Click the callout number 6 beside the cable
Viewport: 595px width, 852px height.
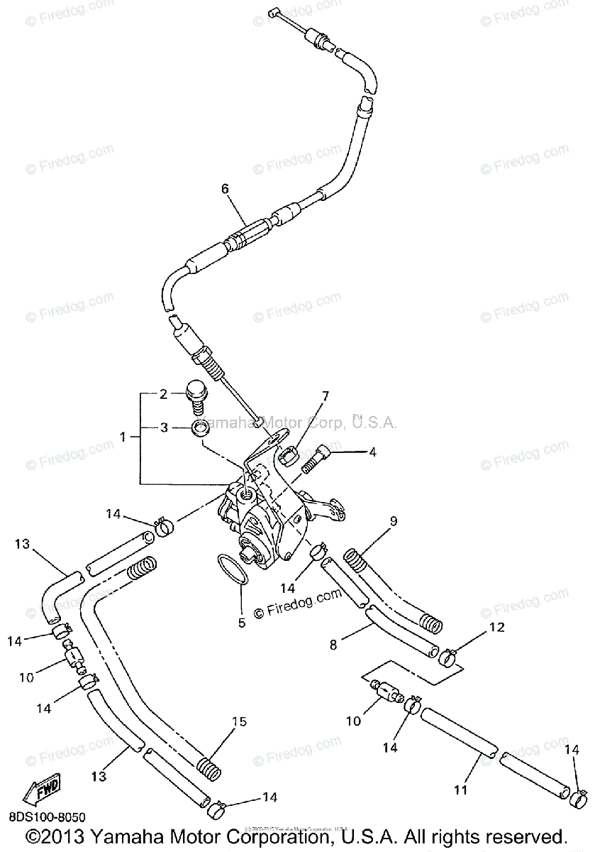tap(226, 189)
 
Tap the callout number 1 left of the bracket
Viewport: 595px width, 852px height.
tap(126, 438)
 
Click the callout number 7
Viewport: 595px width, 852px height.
tap(326, 395)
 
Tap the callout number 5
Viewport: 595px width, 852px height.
tap(241, 623)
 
